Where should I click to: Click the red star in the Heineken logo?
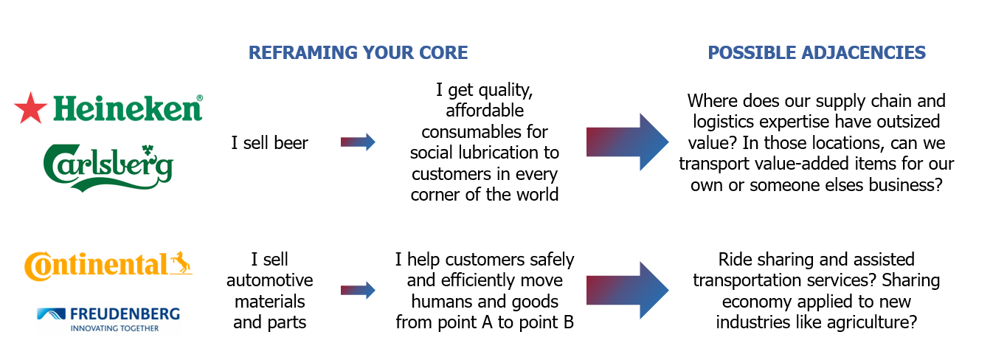click(30, 108)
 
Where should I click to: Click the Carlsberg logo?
click(108, 168)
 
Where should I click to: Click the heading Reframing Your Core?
click(359, 52)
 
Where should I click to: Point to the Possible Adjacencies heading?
click(817, 52)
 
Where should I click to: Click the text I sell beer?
click(269, 143)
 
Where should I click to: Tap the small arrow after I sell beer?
click(358, 142)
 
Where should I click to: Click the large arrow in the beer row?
click(627, 142)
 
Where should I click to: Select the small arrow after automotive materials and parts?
click(358, 291)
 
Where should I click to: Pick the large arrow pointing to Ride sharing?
click(627, 291)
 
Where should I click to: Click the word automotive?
click(270, 280)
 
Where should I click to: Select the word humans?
click(440, 301)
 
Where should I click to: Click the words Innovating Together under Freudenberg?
click(114, 328)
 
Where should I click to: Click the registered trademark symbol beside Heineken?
click(200, 98)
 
